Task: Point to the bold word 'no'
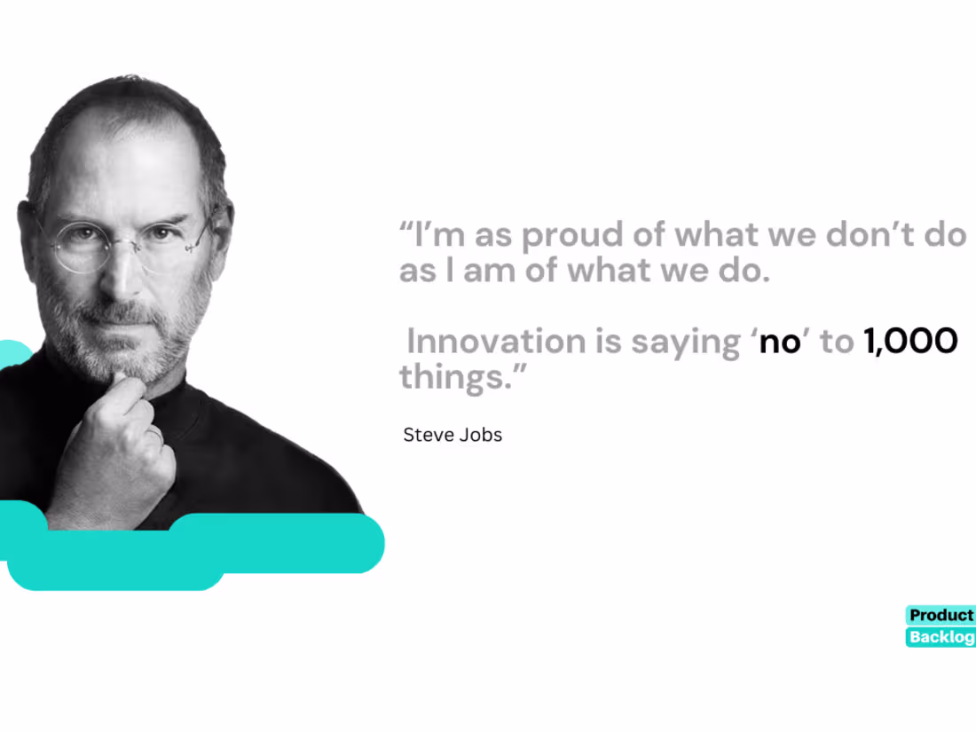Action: click(780, 343)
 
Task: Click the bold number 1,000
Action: click(910, 342)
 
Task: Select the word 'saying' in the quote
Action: click(686, 344)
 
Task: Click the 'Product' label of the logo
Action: click(941, 615)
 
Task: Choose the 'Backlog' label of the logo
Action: click(941, 637)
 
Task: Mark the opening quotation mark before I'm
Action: click(405, 226)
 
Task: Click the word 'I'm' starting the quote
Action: click(439, 234)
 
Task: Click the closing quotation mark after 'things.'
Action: click(520, 370)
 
